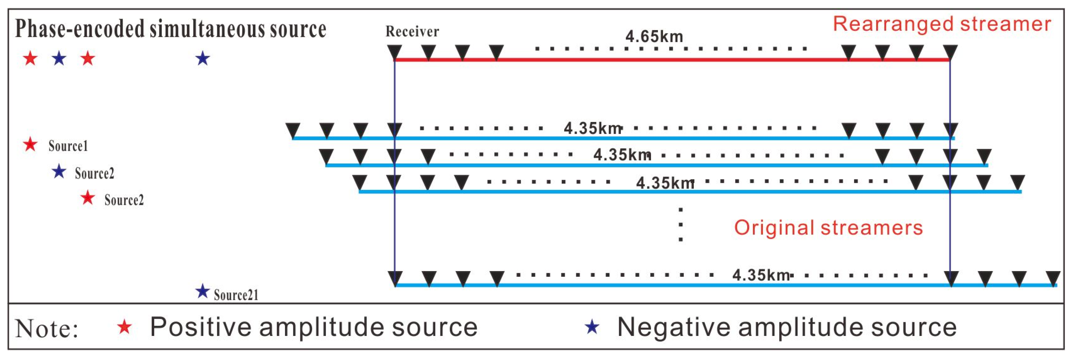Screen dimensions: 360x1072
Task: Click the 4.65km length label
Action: [x=654, y=37]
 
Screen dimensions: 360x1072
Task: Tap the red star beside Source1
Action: [x=30, y=144]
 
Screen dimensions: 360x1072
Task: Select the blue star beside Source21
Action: [x=202, y=291]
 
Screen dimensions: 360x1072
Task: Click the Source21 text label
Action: [x=236, y=295]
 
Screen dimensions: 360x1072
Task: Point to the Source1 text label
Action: [x=68, y=146]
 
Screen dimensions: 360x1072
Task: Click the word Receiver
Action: [x=412, y=31]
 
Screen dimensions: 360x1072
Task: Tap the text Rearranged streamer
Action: [x=942, y=24]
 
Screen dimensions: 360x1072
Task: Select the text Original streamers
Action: [x=828, y=228]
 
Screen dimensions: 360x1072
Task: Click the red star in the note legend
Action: [x=124, y=328]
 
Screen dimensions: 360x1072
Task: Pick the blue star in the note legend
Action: [x=592, y=328]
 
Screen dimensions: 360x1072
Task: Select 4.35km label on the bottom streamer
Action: [x=761, y=275]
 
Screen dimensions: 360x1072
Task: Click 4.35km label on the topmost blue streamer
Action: [x=592, y=128]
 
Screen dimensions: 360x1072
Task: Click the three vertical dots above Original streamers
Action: [x=680, y=224]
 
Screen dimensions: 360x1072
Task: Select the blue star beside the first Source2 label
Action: [x=59, y=171]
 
